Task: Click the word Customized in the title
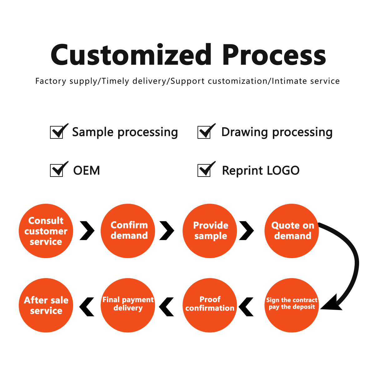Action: pos(131,55)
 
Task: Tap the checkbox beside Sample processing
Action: pos(57,132)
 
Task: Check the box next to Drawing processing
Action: pos(204,132)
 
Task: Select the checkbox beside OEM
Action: pos(57,170)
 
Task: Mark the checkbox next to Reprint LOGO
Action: pos(204,170)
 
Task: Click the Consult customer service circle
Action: pos(46,231)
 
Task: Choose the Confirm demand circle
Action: pos(128,231)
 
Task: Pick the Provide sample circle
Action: pos(210,231)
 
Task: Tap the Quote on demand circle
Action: pos(292,231)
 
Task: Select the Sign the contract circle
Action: pos(292,305)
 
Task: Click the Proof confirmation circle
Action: pos(210,305)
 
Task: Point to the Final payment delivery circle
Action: pos(128,305)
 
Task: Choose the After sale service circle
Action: pos(46,305)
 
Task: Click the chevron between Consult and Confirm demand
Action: pos(87,231)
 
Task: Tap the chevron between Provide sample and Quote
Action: pos(247,231)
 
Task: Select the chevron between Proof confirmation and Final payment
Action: pos(167,307)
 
